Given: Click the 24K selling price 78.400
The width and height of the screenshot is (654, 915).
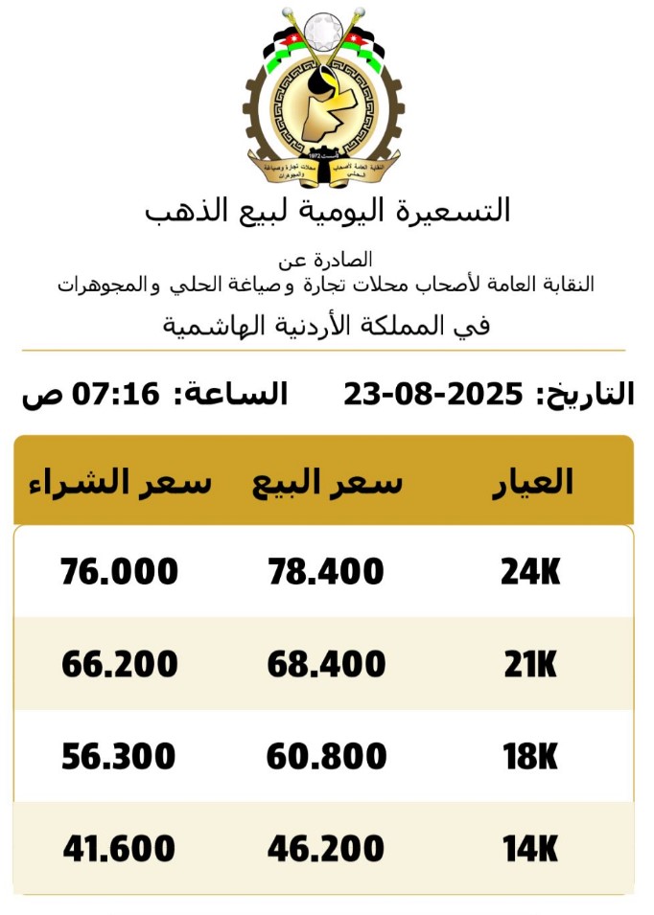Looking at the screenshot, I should point(325,572).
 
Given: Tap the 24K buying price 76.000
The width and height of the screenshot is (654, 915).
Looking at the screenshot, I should point(119,572).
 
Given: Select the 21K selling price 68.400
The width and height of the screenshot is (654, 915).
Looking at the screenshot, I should point(326,664).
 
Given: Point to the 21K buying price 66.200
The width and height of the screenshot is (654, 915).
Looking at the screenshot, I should point(119,664).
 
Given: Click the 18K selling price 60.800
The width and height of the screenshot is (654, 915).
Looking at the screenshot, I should point(326,757).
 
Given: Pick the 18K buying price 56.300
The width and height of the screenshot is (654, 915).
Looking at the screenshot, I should point(119,757).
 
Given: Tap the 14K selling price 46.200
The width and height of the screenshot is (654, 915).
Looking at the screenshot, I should point(326,849).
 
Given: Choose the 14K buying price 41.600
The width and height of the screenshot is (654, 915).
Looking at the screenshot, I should point(119,849).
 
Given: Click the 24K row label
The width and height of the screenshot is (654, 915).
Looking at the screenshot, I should point(530,572).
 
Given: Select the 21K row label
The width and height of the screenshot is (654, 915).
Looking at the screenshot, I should point(530,664).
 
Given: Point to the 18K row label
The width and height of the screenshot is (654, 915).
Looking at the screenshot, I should point(530,757).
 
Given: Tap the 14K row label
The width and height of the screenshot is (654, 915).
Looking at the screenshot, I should point(530,849).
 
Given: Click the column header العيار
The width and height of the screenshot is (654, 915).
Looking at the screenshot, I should point(532,481).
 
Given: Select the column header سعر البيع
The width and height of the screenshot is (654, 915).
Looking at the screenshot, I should point(327,481).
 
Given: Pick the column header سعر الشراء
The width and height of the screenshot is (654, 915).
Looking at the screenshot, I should point(119,481).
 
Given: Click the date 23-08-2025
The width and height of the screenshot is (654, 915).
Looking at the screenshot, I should point(433,394).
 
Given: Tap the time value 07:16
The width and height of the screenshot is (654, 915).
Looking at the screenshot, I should point(122,394).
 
